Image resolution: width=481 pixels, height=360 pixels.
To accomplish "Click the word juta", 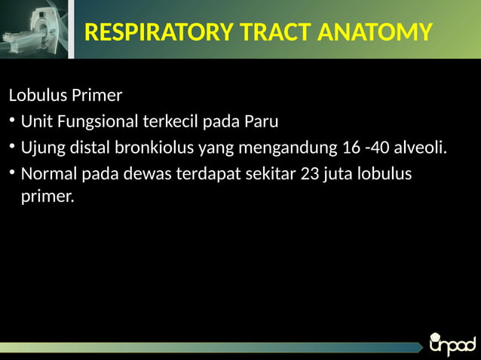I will [x=339, y=174].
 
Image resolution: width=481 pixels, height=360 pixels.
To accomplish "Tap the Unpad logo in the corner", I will [x=452, y=343].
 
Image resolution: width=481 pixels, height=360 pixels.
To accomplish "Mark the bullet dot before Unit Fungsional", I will [x=12, y=122].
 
